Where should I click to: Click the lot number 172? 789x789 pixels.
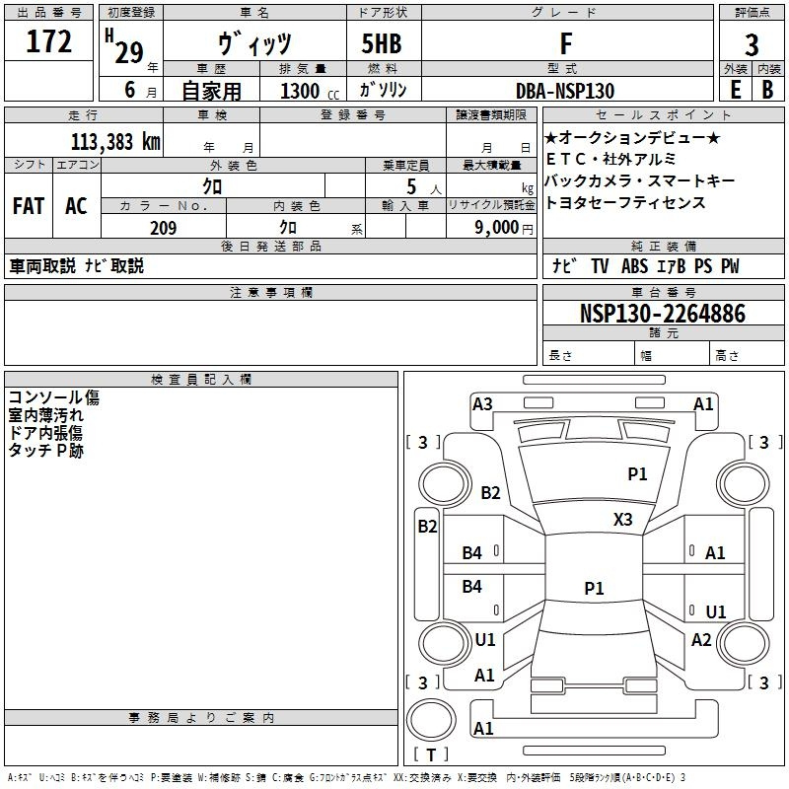49,43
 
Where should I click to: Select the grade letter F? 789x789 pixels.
565,44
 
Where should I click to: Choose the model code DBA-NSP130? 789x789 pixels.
565,91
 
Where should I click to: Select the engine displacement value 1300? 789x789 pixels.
300,91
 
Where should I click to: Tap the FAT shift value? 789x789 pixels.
28,206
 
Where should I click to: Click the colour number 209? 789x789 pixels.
163,228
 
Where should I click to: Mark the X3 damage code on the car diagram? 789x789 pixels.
622,519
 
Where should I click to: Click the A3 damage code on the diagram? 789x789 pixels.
482,404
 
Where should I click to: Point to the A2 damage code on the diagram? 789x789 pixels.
701,640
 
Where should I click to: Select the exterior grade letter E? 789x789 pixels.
735,91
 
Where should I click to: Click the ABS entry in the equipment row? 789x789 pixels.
634,266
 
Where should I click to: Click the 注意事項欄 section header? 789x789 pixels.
270,293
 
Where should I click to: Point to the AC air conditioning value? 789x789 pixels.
76,206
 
